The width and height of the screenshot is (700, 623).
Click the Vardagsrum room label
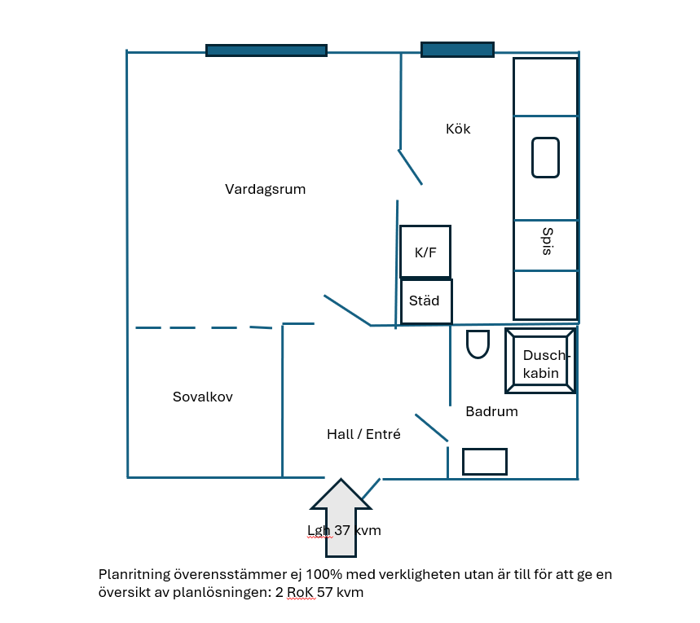[265, 189]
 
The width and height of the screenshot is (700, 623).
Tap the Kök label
[458, 129]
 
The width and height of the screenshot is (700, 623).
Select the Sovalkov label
[203, 397]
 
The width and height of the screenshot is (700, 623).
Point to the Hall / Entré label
[363, 434]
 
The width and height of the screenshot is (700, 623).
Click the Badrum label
[491, 411]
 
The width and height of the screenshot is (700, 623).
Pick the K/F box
[425, 252]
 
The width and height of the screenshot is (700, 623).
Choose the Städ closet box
[426, 301]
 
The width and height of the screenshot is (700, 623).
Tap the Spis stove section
[546, 245]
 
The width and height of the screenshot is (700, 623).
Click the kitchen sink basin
[545, 157]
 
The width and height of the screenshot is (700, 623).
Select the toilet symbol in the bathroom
[478, 344]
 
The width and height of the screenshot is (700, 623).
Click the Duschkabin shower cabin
[540, 361]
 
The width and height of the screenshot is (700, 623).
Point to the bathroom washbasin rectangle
[485, 462]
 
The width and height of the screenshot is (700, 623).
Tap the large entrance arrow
[341, 518]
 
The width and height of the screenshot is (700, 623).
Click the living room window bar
[266, 50]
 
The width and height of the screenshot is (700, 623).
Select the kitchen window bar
[458, 50]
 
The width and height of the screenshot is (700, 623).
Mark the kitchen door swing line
[410, 167]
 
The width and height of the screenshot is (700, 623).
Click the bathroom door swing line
[432, 428]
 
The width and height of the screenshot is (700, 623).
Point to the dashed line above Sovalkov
[204, 327]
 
